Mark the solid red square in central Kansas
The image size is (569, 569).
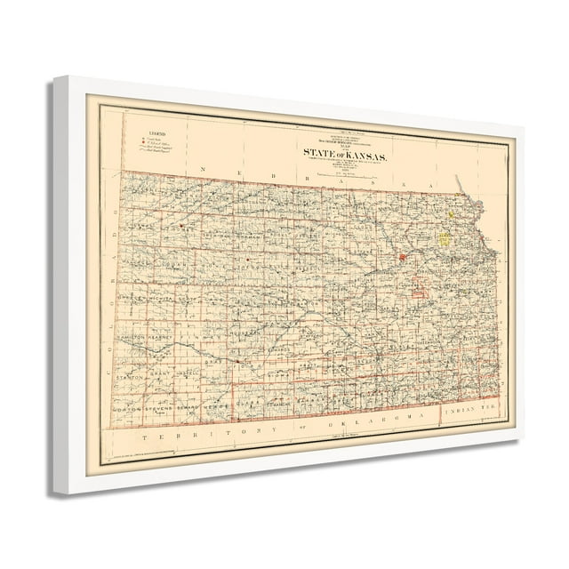click(402, 258)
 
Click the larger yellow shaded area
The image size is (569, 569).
click(443, 239)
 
